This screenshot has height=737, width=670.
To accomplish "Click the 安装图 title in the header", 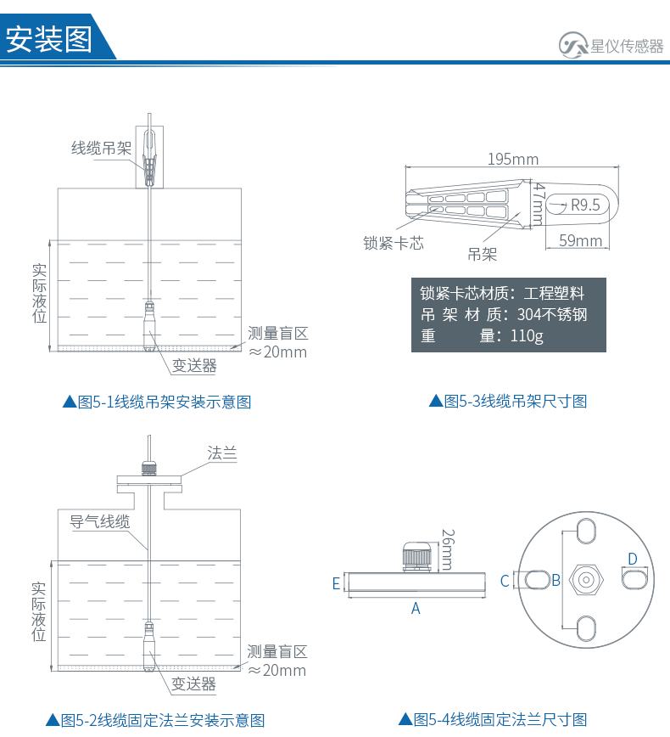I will [x=49, y=39].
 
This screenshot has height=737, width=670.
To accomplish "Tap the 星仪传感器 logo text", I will [x=627, y=47].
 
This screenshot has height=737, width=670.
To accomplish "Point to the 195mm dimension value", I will [x=513, y=160].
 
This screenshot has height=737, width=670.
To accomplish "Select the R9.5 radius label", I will [x=585, y=205].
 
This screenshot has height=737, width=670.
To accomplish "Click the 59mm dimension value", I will [x=581, y=241].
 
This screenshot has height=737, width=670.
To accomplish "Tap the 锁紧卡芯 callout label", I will [x=394, y=244].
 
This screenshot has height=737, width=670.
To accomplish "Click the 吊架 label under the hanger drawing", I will [x=483, y=254].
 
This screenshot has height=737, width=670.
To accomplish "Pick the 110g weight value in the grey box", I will [x=527, y=336].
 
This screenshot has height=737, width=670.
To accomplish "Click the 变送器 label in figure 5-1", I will [x=194, y=366].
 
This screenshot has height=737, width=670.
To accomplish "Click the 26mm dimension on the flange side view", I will [x=447, y=549].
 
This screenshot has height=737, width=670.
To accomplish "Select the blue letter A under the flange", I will [x=416, y=608].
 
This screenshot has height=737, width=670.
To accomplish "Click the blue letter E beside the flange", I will [x=336, y=583].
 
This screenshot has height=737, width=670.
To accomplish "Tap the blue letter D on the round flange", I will [x=632, y=559].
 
